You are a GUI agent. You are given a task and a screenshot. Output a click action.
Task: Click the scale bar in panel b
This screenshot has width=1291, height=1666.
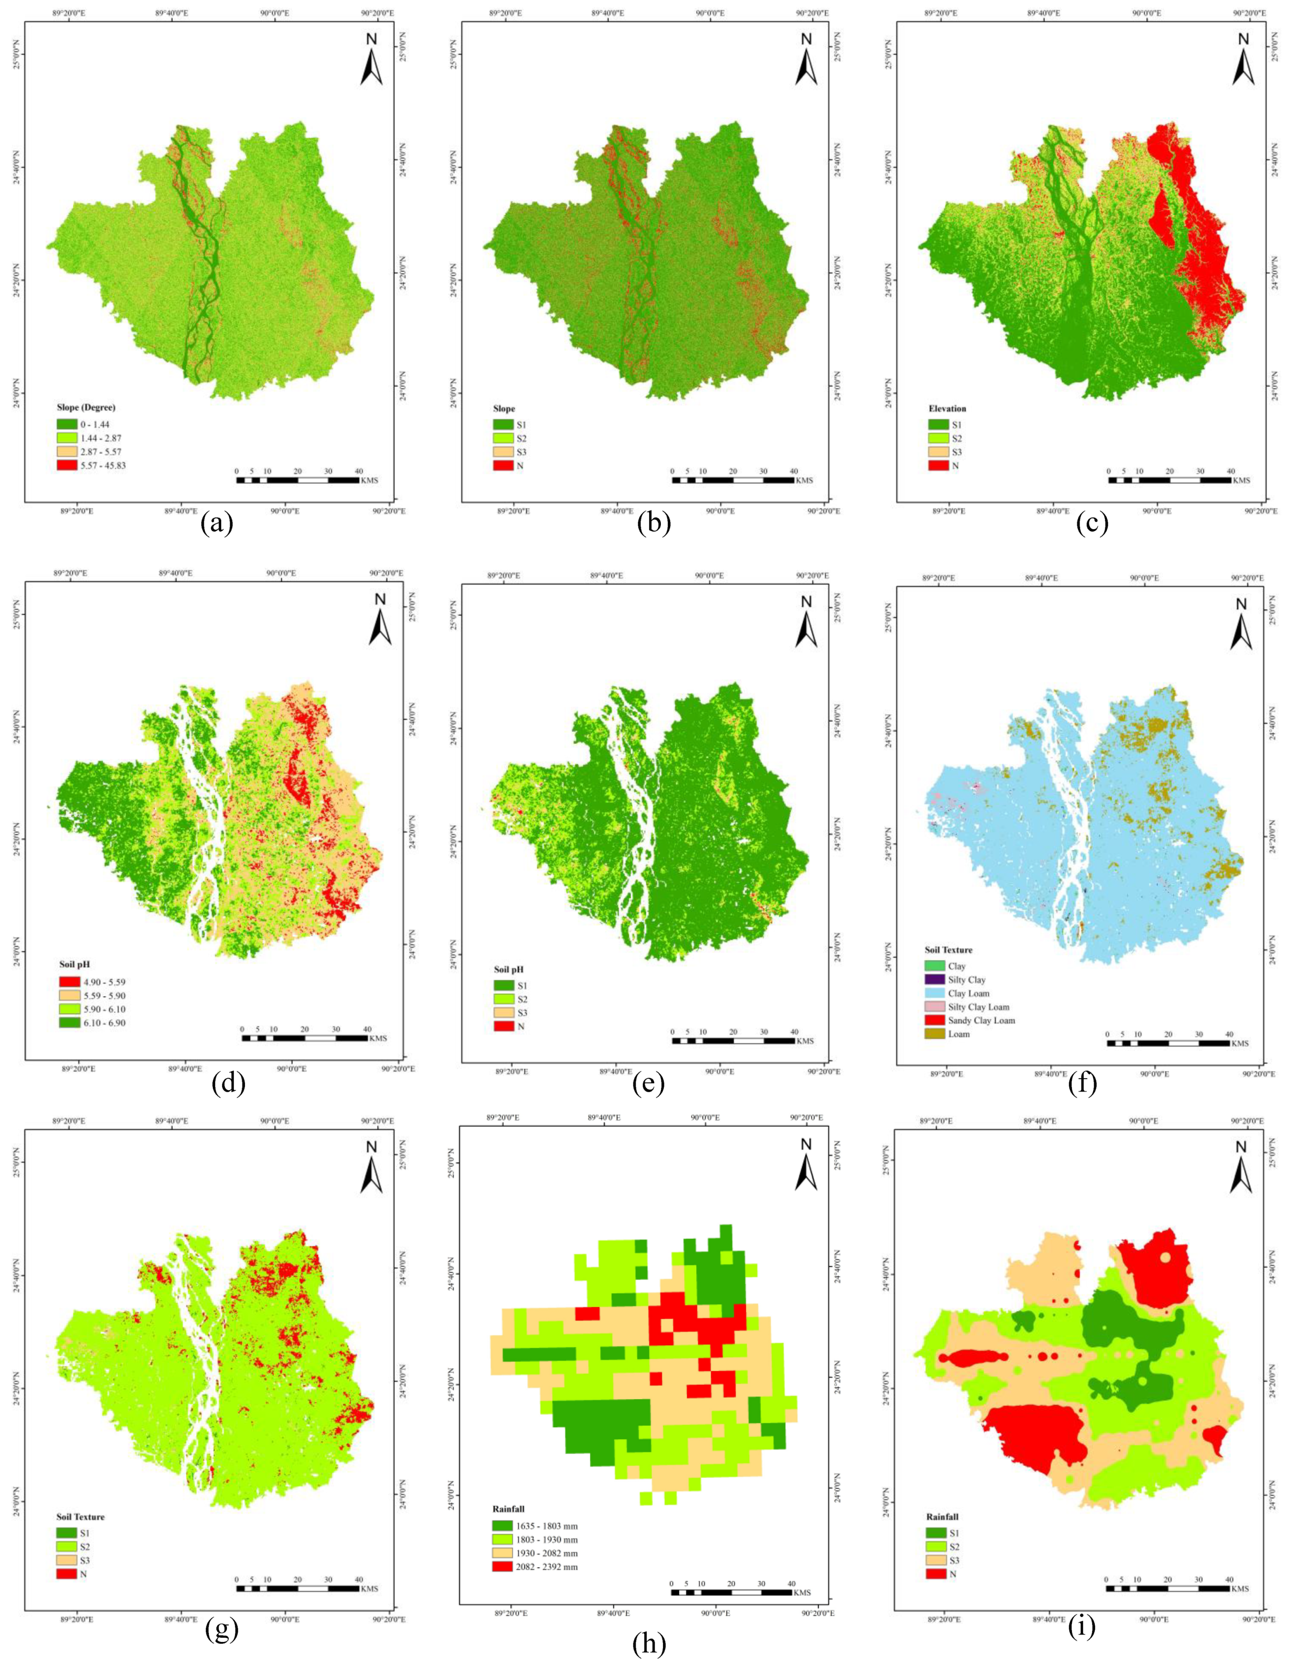click(x=733, y=480)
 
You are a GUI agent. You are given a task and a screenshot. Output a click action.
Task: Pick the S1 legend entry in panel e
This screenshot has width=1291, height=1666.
click(x=511, y=986)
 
